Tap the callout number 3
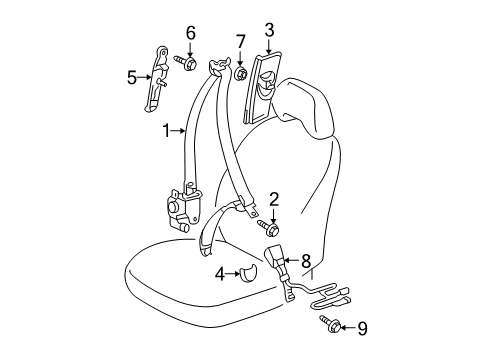click(269, 31)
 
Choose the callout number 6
click(189, 31)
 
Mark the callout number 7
click(240, 42)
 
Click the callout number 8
click(306, 261)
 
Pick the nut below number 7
click(241, 73)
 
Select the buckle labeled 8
click(276, 263)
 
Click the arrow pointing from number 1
click(182, 129)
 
